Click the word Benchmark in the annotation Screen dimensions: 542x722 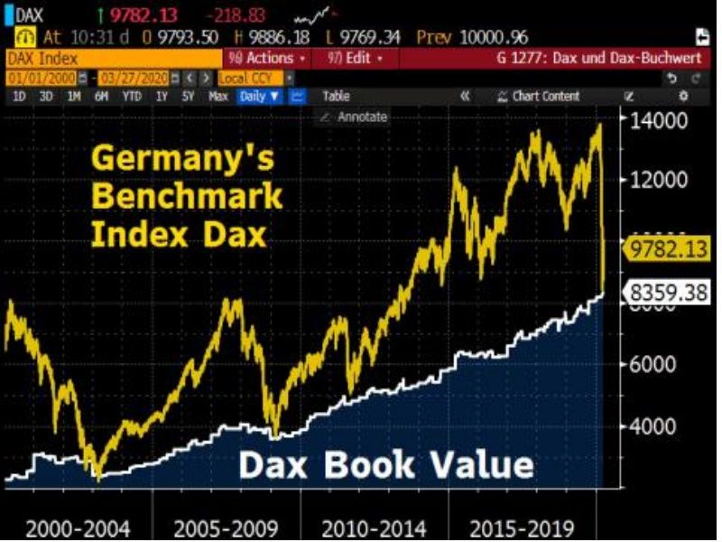[x=187, y=196]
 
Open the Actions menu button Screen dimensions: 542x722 [x=267, y=58]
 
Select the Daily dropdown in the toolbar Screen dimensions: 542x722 [x=260, y=96]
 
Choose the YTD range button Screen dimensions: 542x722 [x=132, y=96]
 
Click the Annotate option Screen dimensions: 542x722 [x=361, y=117]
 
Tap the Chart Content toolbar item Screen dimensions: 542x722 [x=545, y=96]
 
